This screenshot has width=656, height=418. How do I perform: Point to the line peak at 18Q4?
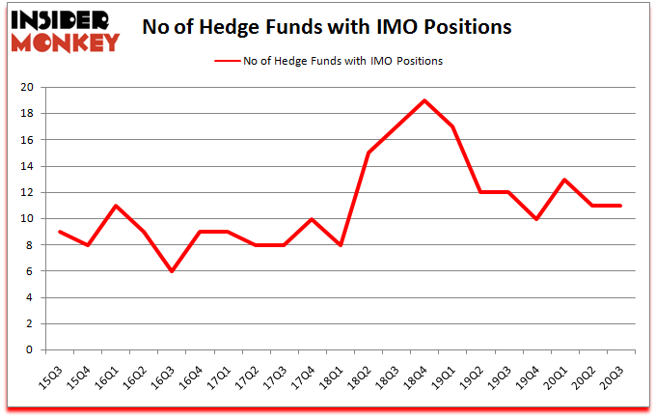(424, 100)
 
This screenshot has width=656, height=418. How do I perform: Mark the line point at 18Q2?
(369, 153)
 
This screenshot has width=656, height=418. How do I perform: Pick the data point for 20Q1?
(565, 180)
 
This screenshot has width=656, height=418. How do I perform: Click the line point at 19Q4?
(537, 219)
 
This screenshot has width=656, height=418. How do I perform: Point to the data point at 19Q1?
(452, 126)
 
